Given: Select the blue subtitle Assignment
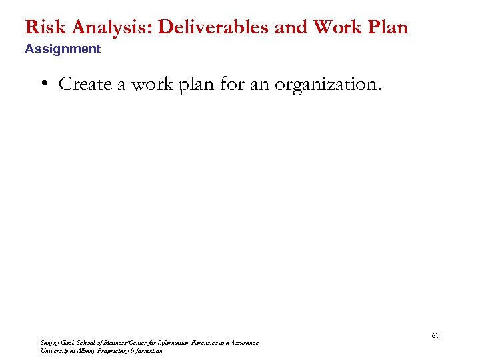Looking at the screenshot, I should [63, 49].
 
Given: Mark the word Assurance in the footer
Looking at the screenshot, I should [243, 343].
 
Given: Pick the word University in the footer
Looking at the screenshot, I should [54, 351].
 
